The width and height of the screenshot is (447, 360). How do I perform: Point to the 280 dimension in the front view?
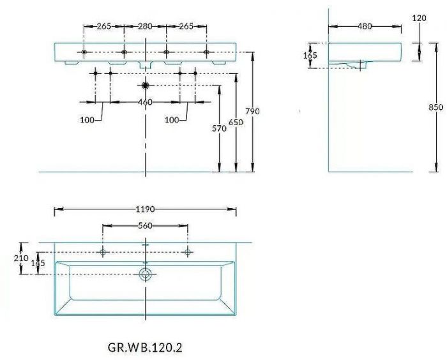(x=145, y=26)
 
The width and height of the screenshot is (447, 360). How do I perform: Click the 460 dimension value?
(x=145, y=102)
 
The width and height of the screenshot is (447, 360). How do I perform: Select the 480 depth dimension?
(x=365, y=26)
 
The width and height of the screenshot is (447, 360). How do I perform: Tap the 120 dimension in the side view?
(x=419, y=18)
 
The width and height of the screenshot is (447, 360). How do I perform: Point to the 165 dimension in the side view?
(x=310, y=56)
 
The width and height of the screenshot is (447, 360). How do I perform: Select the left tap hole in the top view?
(x=103, y=253)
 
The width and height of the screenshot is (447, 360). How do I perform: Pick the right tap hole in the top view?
(x=188, y=253)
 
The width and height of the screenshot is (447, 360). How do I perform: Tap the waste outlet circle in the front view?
(x=146, y=85)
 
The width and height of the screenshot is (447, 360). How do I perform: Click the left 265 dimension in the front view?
(x=105, y=26)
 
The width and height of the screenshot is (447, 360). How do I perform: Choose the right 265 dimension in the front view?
(x=186, y=26)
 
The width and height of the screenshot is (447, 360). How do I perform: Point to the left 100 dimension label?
(x=87, y=120)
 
